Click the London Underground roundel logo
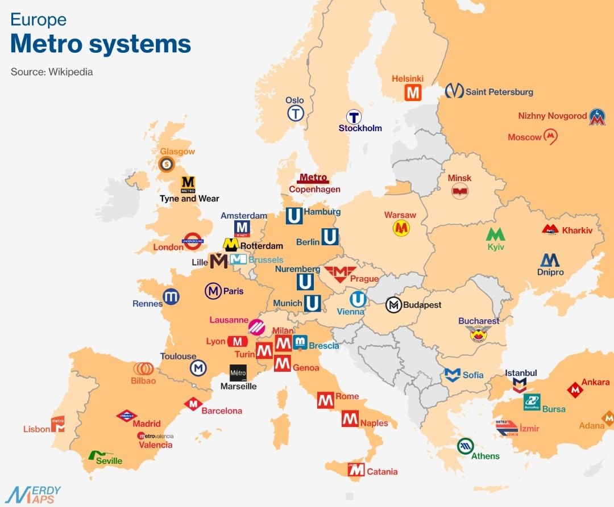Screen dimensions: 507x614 (x=193, y=241)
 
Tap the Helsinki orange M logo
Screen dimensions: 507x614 (x=413, y=93)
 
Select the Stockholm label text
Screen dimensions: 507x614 (x=360, y=128)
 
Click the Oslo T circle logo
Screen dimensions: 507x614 (x=295, y=114)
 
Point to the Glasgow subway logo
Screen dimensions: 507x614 (x=167, y=165)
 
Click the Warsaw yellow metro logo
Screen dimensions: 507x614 (x=401, y=228)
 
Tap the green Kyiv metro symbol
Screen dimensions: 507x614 (x=495, y=234)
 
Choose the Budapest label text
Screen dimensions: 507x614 (x=422, y=305)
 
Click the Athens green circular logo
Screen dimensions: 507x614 (x=466, y=446)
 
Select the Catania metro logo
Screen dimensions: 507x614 (x=356, y=470)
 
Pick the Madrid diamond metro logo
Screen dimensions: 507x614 (x=127, y=416)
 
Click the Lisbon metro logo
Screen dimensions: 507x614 (x=58, y=424)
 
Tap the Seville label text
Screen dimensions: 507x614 (x=109, y=460)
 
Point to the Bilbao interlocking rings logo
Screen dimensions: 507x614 (x=143, y=368)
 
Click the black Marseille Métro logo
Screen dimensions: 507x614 (x=238, y=372)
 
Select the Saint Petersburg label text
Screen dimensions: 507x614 (x=499, y=91)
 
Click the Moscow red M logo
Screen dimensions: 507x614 (x=550, y=136)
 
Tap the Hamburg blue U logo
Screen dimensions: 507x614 (x=294, y=216)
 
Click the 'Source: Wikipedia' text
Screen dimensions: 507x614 (x=52, y=72)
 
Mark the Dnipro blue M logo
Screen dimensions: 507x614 (x=550, y=260)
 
